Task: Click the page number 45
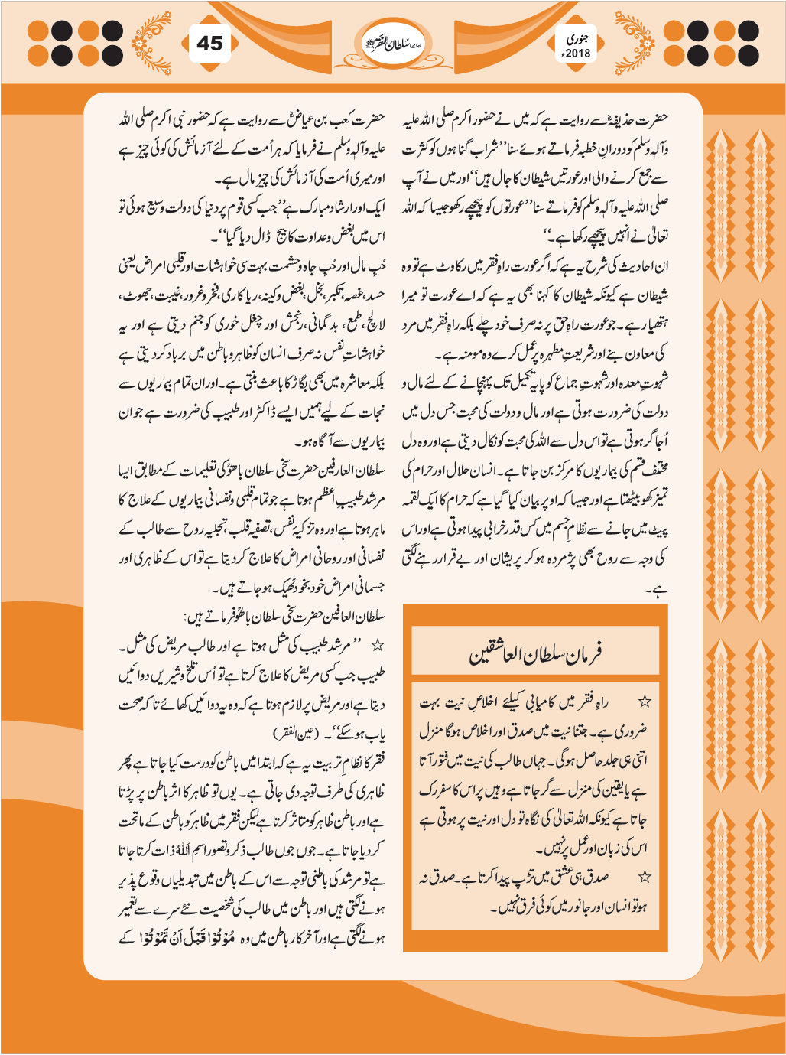click(x=209, y=44)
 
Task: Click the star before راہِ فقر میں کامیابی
click(x=645, y=701)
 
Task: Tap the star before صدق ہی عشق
click(x=645, y=878)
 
